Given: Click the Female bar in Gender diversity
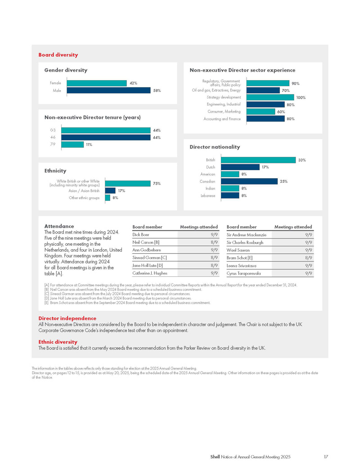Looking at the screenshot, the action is click(97, 83).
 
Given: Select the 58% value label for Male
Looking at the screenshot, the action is click(157, 90).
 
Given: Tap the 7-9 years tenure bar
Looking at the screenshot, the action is click(72, 144).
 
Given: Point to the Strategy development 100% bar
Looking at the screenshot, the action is click(270, 97).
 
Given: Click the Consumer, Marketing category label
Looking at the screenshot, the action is click(224, 111).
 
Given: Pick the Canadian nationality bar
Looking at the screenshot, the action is click(249, 181).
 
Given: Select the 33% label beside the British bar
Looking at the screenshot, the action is click(302, 160).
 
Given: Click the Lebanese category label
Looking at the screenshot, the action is click(208, 196).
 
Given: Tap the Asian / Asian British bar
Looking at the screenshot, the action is click(110, 190).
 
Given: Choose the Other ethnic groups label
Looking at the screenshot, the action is click(84, 198).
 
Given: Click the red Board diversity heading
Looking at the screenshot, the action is click(58, 55).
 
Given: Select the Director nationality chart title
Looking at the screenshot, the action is click(215, 147).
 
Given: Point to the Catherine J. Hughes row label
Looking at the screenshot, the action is click(150, 273).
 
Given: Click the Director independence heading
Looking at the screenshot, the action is click(67, 318).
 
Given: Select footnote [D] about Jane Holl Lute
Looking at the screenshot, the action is click(118, 298).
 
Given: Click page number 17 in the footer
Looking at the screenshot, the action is click(326, 457).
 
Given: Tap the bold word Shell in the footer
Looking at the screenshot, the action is click(215, 457).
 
